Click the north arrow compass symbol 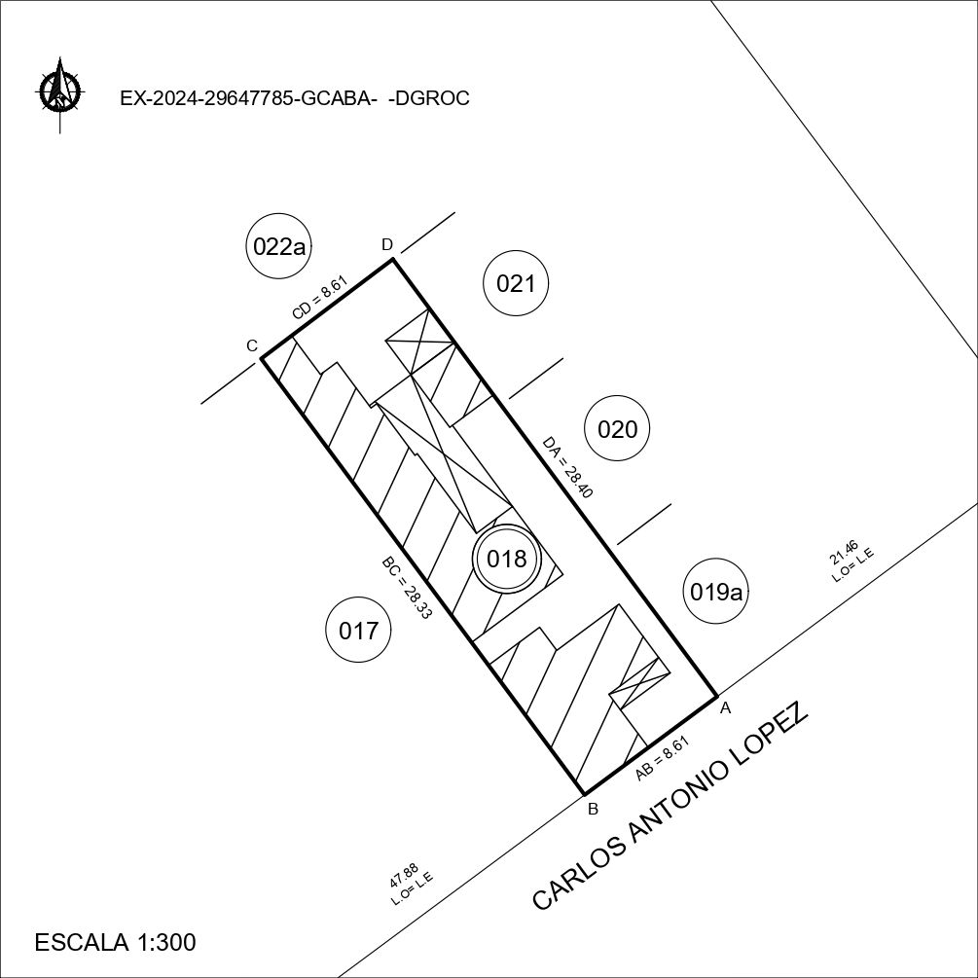[x=60, y=92]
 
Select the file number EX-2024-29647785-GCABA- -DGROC [x=295, y=98]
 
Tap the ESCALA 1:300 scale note [x=116, y=942]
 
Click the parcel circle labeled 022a [x=279, y=246]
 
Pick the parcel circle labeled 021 [x=516, y=283]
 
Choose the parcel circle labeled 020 [x=618, y=428]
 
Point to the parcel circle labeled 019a [x=716, y=591]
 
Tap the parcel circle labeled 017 [x=359, y=630]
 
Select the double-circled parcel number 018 [x=506, y=559]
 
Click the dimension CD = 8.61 [x=319, y=298]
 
